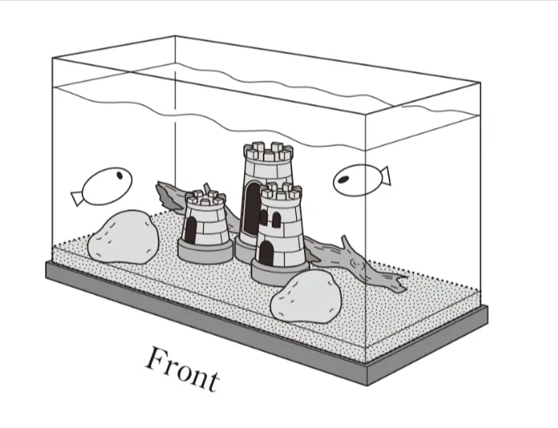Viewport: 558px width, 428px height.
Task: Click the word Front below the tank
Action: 183,369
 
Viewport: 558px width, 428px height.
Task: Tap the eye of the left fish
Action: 120,175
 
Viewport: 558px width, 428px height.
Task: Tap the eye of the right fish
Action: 343,180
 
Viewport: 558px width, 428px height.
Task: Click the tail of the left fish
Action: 77,199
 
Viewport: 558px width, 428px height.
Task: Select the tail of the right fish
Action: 385,176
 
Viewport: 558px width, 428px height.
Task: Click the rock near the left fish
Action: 123,237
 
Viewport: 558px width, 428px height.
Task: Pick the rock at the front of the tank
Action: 306,296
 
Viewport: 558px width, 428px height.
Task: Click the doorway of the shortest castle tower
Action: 191,229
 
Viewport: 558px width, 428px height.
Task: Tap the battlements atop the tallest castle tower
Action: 268,152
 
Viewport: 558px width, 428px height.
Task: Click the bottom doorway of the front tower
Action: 266,254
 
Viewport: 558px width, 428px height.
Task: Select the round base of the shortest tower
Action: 205,250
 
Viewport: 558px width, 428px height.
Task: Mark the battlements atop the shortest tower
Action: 205,198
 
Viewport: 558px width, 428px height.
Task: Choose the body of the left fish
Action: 107,187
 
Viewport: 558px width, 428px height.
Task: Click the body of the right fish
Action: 357,180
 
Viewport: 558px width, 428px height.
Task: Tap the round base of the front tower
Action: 280,272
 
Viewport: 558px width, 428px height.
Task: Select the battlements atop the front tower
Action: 281,191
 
